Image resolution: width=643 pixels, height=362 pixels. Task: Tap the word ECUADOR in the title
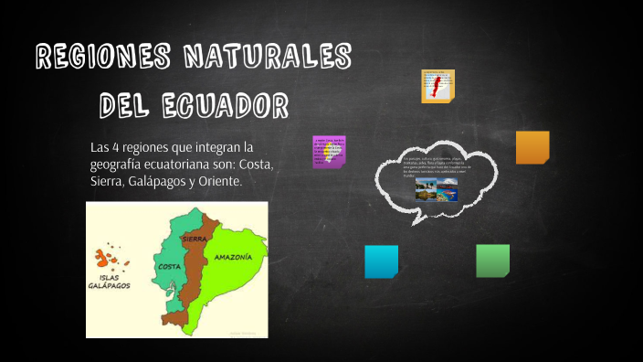tap(227, 106)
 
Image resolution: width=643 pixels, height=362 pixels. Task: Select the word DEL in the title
tap(131, 106)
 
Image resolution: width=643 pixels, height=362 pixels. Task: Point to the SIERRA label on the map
tap(194, 239)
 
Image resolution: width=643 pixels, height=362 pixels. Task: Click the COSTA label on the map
tap(167, 266)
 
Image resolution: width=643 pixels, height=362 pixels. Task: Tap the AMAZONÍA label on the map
tap(233, 258)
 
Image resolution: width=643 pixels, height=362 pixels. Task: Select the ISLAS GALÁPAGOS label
tap(111, 281)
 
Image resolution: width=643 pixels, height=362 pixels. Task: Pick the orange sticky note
tap(532, 147)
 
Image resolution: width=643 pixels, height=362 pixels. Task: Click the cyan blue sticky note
tap(381, 261)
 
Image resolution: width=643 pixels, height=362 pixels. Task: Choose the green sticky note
tap(492, 261)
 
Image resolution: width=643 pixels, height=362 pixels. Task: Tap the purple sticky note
tap(329, 152)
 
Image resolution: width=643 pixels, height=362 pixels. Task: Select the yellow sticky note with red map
tap(437, 86)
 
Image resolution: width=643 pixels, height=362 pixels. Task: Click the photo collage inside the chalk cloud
tap(436, 188)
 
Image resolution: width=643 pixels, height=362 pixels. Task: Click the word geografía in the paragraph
tap(122, 165)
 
